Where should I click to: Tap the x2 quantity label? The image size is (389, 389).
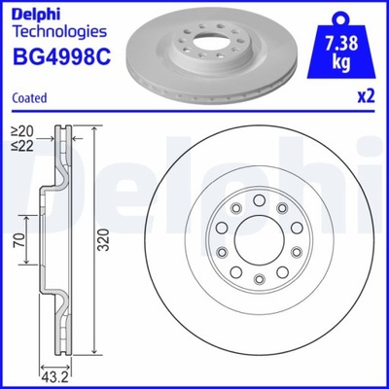click(x=367, y=97)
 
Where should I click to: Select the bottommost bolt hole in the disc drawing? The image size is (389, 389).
click(x=258, y=283)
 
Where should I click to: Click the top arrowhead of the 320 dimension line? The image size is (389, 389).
click(x=93, y=129)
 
